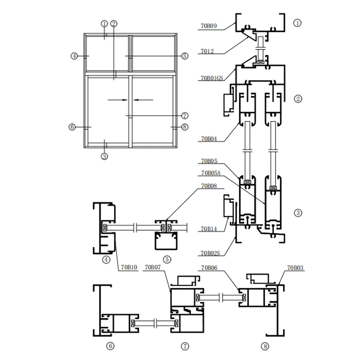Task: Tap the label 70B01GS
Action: pyautogui.click(x=211, y=78)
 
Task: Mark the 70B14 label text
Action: pyautogui.click(x=209, y=229)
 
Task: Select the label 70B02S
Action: pyautogui.click(x=210, y=253)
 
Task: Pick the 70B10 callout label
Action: pyautogui.click(x=128, y=267)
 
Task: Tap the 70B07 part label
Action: pyautogui.click(x=153, y=267)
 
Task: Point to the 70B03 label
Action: pyautogui.click(x=295, y=267)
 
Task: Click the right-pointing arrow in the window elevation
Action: pyautogui.click(x=114, y=99)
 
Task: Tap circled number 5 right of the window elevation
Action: pyautogui.click(x=184, y=56)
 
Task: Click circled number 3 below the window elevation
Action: pyautogui.click(x=104, y=157)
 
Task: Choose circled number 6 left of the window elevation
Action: pyautogui.click(x=72, y=127)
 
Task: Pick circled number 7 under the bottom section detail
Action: pyautogui.click(x=185, y=346)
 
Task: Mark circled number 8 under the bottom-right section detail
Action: pyautogui.click(x=265, y=346)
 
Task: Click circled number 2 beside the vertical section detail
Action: pyautogui.click(x=297, y=99)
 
